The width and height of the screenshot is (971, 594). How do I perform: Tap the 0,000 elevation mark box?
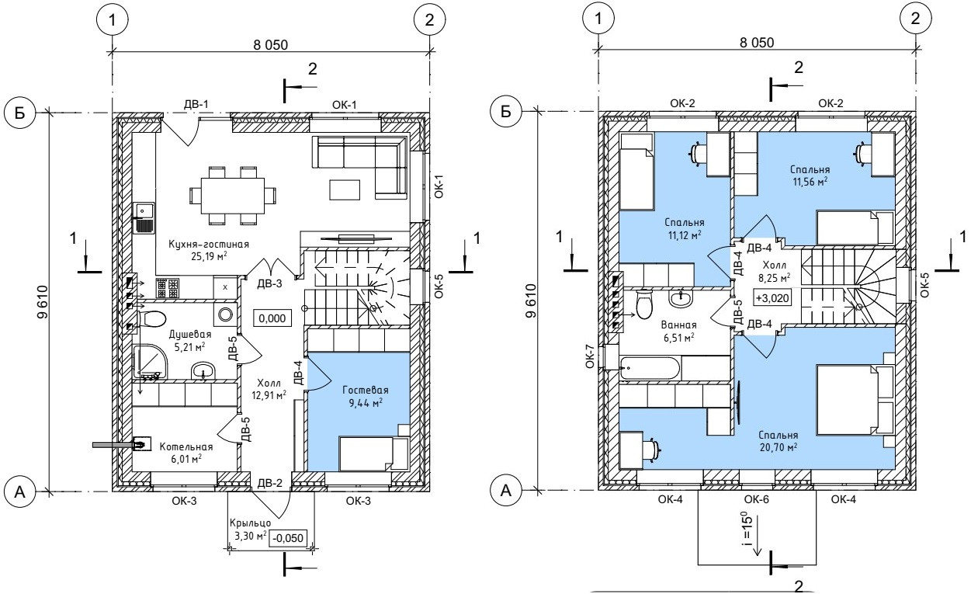(272, 318)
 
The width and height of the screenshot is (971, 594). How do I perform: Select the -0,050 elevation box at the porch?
(289, 538)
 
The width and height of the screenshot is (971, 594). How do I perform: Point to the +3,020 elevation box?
(772, 298)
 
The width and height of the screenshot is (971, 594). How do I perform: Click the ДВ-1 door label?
(196, 104)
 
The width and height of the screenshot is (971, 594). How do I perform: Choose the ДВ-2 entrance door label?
(270, 483)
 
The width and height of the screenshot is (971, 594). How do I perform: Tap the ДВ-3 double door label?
(269, 283)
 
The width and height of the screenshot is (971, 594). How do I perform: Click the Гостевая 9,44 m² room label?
(366, 397)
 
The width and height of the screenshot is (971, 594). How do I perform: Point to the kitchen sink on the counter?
(144, 218)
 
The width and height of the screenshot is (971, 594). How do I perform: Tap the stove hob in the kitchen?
(168, 288)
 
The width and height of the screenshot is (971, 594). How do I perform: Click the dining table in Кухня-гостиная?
(233, 196)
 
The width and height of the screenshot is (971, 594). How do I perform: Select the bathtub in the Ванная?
(650, 369)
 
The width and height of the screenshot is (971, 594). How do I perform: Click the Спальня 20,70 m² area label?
(778, 441)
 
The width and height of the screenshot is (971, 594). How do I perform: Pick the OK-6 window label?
(757, 500)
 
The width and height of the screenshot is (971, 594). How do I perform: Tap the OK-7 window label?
(589, 356)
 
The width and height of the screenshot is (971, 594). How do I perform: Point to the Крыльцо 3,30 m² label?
(250, 530)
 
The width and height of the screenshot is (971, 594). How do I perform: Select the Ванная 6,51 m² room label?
(679, 332)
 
